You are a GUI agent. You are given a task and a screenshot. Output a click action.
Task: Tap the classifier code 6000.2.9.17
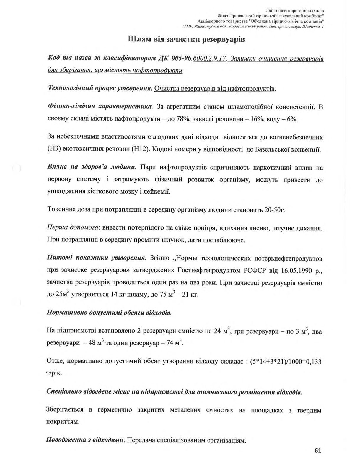click(x=209, y=58)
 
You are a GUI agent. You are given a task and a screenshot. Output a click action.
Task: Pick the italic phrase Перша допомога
click(x=73, y=228)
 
